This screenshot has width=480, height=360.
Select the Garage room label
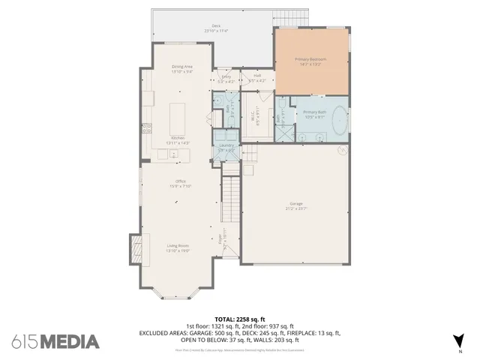296,203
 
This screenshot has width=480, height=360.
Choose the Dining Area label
182,67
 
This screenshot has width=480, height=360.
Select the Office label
181,181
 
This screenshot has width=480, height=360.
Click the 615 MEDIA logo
55,341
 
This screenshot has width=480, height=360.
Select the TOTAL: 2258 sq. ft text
239,319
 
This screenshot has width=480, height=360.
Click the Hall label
256,75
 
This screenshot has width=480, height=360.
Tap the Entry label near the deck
226,76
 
